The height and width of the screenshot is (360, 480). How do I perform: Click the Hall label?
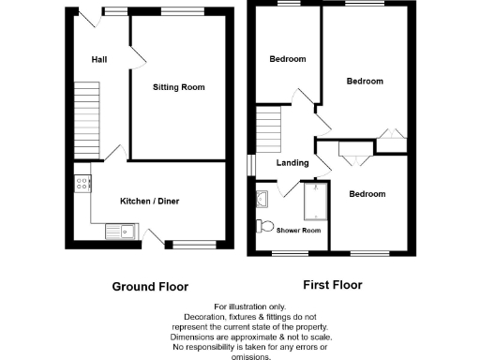[98, 60]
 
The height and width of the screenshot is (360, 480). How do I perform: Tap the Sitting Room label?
[179, 87]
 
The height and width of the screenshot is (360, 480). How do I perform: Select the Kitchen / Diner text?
[149, 201]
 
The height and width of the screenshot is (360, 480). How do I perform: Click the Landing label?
[292, 163]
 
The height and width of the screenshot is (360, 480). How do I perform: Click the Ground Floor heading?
[150, 287]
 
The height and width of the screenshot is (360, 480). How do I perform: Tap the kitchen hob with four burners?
[82, 184]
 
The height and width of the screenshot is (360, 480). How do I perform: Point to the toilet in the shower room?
[265, 225]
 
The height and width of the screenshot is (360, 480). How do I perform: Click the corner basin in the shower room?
[262, 198]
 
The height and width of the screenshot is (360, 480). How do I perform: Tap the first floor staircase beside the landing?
[269, 130]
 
